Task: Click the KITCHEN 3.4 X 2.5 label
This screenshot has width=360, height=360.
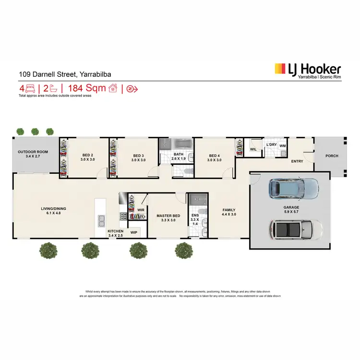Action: click(x=115, y=233)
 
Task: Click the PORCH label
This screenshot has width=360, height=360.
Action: click(x=331, y=156)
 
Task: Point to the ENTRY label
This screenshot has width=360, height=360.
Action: click(x=297, y=161)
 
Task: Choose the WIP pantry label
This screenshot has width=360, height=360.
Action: click(x=134, y=232)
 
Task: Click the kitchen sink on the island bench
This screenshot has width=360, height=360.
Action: click(x=101, y=221)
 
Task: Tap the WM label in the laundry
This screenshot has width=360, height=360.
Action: click(x=283, y=145)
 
